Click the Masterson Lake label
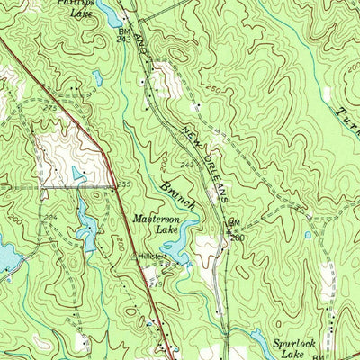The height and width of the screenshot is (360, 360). (156, 223)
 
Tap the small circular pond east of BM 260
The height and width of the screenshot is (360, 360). (308, 236)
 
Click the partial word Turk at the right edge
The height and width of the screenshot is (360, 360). (349, 121)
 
